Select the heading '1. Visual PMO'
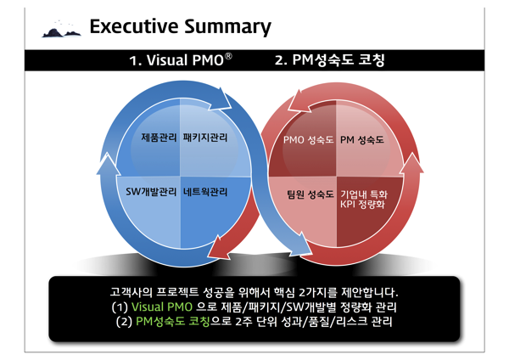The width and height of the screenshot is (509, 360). click(176, 61)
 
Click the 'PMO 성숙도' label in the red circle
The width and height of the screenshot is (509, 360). click(309, 138)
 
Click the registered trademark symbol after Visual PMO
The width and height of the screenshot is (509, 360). click(228, 57)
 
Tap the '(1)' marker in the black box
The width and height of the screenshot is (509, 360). click(119, 307)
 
